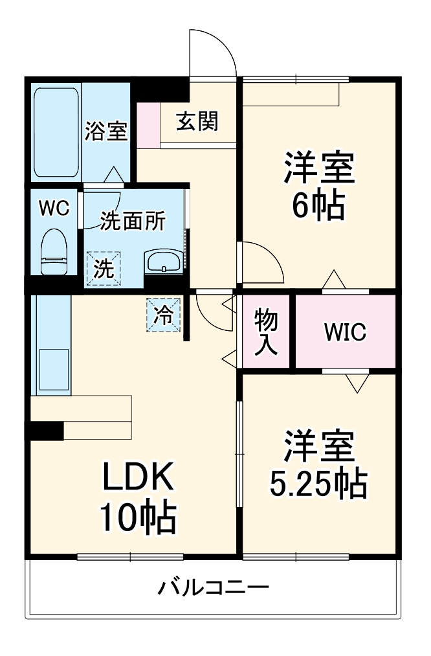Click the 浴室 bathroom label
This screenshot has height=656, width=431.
(106, 131)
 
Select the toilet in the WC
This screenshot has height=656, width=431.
(54, 253)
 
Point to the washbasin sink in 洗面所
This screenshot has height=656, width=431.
(164, 262)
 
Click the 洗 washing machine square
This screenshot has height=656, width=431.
(104, 268)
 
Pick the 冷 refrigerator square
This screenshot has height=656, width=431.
(164, 315)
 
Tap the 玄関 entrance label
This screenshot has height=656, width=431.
(197, 121)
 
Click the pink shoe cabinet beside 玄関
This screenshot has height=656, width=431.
(148, 124)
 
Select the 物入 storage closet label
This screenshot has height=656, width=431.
(265, 331)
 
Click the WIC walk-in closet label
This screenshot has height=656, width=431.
(345, 332)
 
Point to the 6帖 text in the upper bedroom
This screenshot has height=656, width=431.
(317, 207)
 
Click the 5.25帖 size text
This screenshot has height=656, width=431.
(317, 482)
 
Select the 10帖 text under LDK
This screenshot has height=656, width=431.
(138, 518)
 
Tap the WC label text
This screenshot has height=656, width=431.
(54, 208)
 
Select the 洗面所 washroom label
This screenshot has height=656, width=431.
(133, 221)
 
